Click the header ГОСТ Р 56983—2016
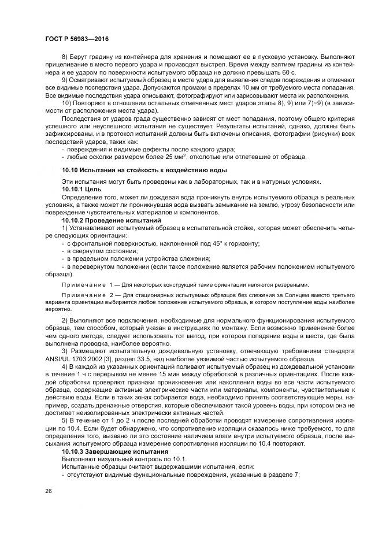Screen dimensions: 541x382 tap(77, 39)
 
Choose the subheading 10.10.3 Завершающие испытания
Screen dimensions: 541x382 tap(107, 450)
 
